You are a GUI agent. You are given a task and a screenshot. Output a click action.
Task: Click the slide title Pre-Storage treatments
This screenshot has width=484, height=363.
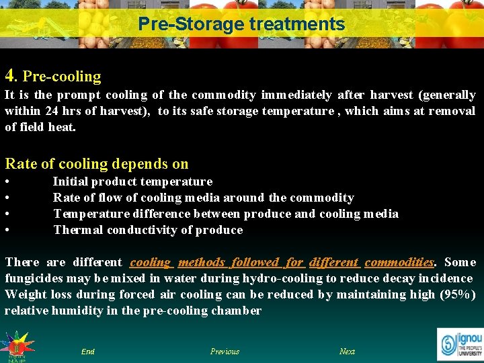(241, 25)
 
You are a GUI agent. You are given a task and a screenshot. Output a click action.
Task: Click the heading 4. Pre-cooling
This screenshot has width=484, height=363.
(53, 76)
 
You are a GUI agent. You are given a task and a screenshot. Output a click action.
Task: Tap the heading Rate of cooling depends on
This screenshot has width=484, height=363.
(97, 163)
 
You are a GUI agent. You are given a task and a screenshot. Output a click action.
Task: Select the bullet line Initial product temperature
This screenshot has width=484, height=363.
(132, 182)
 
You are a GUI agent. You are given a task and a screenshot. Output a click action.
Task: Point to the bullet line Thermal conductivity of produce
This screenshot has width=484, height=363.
(148, 230)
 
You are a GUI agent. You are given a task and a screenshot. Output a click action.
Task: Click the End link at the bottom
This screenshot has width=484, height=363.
(87, 352)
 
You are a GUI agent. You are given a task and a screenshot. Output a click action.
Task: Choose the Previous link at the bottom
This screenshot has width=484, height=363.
(225, 352)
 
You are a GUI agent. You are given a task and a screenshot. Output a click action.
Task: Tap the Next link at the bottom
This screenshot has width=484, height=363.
(347, 352)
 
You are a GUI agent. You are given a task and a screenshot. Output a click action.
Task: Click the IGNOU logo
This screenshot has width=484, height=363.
(460, 343)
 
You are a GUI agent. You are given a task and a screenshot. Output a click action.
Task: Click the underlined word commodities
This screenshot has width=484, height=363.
(399, 262)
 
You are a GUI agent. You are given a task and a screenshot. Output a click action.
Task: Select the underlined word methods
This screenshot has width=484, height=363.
(201, 262)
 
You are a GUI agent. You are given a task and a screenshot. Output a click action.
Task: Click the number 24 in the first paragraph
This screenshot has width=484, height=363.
(52, 111)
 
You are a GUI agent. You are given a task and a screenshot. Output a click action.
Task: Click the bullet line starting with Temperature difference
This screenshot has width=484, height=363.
(225, 214)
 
